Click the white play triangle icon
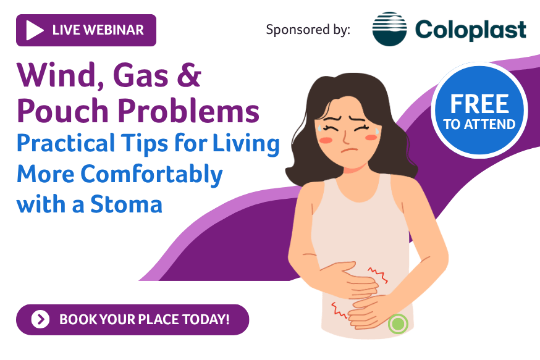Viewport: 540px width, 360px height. tap(34, 30)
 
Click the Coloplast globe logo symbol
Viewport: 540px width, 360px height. tap(389, 29)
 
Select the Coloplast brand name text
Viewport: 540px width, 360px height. tap(470, 30)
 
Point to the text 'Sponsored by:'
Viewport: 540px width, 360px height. tap(308, 30)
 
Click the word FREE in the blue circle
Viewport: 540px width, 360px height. tap(479, 104)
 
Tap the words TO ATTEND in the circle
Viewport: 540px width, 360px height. tap(479, 124)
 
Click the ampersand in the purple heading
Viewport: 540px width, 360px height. tap(189, 75)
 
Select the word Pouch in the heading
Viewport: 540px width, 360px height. tap(62, 111)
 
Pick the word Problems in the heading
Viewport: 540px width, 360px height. tap(188, 111)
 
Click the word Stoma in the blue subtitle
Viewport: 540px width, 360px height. tap(126, 204)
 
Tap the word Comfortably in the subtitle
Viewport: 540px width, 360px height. tap(151, 175)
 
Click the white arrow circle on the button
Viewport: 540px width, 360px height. tap(40, 319)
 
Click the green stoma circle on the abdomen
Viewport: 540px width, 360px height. tap(398, 324)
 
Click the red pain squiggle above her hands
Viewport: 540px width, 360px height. tap(378, 275)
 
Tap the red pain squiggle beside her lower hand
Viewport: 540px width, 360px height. tap(339, 310)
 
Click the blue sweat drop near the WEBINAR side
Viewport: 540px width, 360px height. tap(320, 128)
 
